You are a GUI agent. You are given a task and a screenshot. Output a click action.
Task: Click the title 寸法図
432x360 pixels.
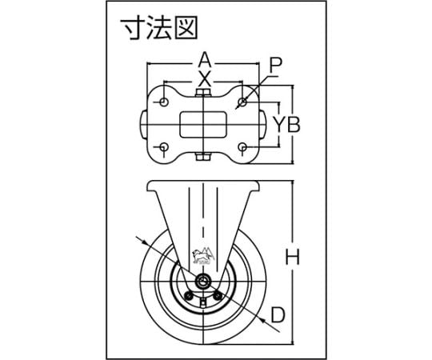tap(159, 27)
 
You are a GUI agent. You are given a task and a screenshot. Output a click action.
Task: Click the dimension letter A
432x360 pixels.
tap(205, 61)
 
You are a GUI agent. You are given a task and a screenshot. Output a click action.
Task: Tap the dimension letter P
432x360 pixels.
tap(275, 66)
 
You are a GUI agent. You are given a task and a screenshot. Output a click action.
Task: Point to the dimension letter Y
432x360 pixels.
tap(279, 125)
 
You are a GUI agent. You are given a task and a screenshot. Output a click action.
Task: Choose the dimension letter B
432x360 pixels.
tap(293, 125)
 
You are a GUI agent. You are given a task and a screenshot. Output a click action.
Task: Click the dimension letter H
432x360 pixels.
tap(292, 257)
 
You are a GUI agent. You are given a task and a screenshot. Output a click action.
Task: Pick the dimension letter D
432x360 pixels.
tap(278, 315)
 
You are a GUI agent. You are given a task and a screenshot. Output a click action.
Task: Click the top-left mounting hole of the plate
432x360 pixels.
tap(164, 102)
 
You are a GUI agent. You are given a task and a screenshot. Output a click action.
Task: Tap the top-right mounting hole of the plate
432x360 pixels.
tap(242, 102)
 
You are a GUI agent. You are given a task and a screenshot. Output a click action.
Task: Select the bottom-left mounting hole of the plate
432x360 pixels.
tap(164, 147)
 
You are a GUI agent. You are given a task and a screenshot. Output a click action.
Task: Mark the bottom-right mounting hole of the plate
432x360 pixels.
tap(242, 147)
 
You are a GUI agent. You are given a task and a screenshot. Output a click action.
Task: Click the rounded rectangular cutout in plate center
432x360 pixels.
tap(203, 125)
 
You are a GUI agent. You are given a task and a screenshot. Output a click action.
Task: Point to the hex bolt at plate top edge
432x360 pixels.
tap(203, 93)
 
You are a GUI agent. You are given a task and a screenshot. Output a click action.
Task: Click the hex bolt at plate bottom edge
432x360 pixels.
tap(203, 157)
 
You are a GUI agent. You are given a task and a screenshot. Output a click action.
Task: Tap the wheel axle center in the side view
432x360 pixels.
tap(203, 282)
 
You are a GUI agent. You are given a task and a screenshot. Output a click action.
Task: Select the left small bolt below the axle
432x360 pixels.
tap(189, 296)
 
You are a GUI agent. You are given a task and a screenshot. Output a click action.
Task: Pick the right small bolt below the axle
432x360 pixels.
tap(218, 296)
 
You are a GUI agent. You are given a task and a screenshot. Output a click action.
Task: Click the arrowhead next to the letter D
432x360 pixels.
tap(262, 321)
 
